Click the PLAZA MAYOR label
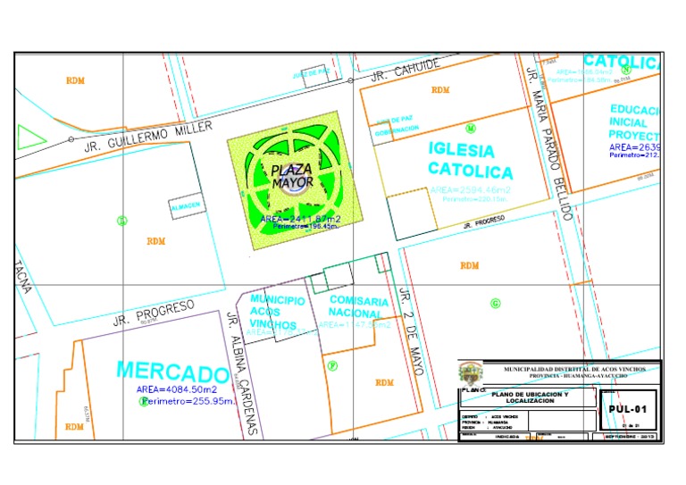293,175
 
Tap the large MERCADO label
172,371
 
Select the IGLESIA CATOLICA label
470,160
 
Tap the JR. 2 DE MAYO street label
410,322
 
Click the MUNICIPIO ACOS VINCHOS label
277,311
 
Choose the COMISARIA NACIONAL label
358,307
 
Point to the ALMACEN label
188,207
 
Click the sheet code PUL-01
627,409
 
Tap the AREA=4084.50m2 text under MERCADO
177,389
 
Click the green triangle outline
29,138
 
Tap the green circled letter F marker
332,364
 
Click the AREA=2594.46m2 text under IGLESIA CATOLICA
471,190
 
